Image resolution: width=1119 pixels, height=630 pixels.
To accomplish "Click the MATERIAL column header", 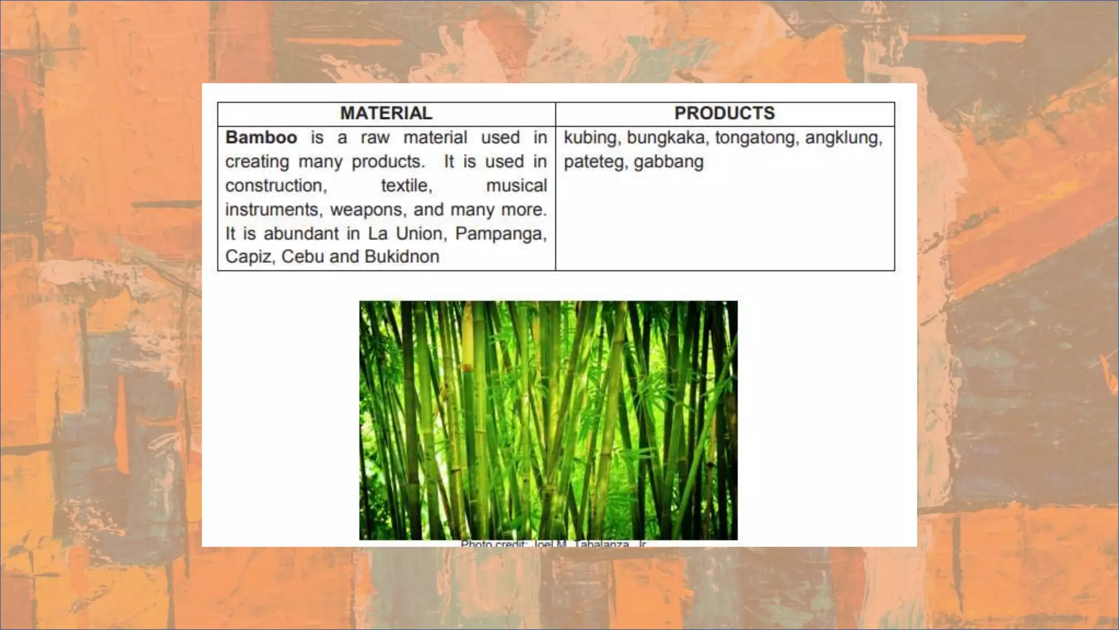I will click(x=386, y=113).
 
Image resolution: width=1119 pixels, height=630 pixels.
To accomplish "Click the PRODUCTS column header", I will click(x=725, y=113).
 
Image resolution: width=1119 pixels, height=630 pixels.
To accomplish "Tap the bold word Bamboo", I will click(x=261, y=137).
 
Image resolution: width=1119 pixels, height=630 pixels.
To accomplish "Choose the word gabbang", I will click(x=668, y=162).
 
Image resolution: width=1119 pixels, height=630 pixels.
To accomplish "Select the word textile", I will click(x=407, y=186).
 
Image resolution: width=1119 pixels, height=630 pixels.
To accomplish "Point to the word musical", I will click(x=516, y=186).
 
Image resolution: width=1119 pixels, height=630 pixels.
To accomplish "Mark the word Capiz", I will click(x=249, y=256).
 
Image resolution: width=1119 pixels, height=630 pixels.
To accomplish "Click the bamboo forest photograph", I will click(x=548, y=420).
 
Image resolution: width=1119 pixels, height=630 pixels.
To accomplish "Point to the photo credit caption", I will click(x=553, y=544).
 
